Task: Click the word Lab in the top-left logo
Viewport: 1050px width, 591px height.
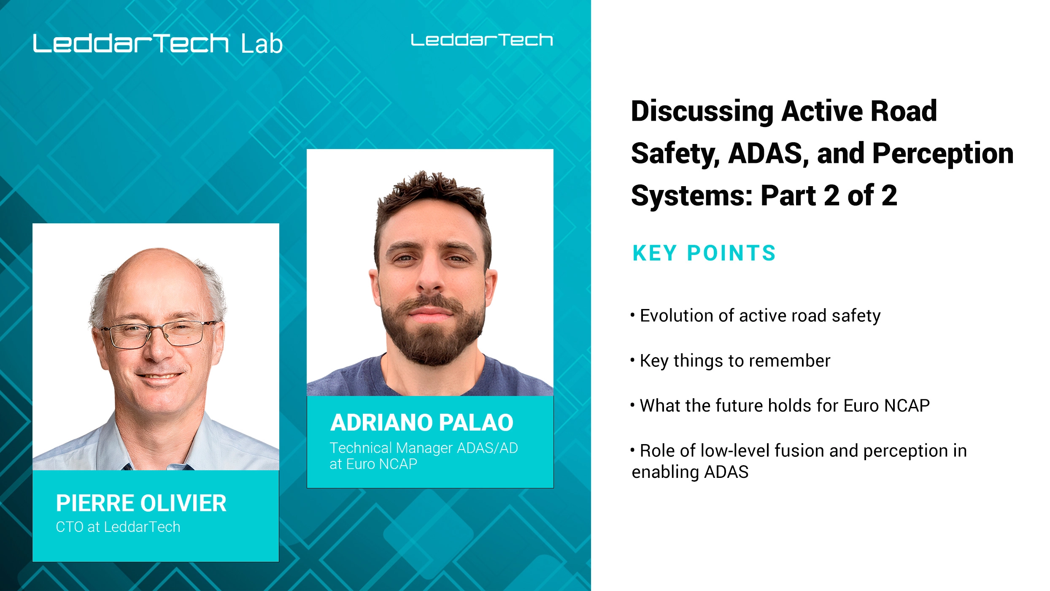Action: click(x=262, y=44)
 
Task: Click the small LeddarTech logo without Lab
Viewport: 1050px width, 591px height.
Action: click(x=482, y=40)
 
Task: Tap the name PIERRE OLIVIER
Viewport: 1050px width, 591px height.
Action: click(x=141, y=503)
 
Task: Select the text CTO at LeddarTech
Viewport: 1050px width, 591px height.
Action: click(x=118, y=527)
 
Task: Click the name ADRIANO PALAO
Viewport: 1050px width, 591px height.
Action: click(x=422, y=423)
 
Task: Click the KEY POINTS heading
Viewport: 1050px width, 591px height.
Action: click(x=704, y=253)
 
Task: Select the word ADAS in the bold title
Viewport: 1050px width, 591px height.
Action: click(x=765, y=153)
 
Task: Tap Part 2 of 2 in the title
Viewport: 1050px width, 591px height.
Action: click(x=829, y=195)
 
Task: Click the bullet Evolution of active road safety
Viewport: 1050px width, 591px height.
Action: click(x=760, y=316)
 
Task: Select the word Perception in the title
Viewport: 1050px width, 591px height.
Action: click(x=942, y=153)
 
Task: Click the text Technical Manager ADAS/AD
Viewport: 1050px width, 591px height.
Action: click(x=424, y=448)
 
